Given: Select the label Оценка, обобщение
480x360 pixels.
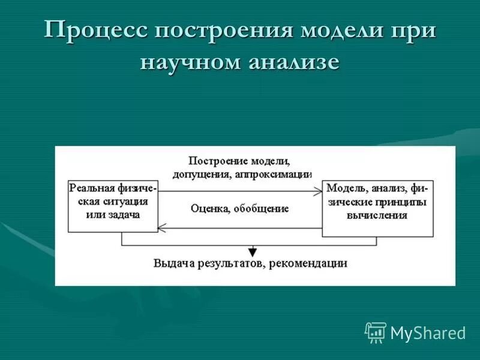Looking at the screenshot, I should (x=240, y=209).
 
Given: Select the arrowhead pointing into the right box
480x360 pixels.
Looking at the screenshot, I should (x=318, y=191).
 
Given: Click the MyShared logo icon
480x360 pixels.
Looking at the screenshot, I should (x=376, y=332).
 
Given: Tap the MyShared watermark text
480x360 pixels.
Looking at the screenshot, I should (x=428, y=332).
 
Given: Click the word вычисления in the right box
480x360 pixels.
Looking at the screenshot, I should (x=377, y=215).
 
